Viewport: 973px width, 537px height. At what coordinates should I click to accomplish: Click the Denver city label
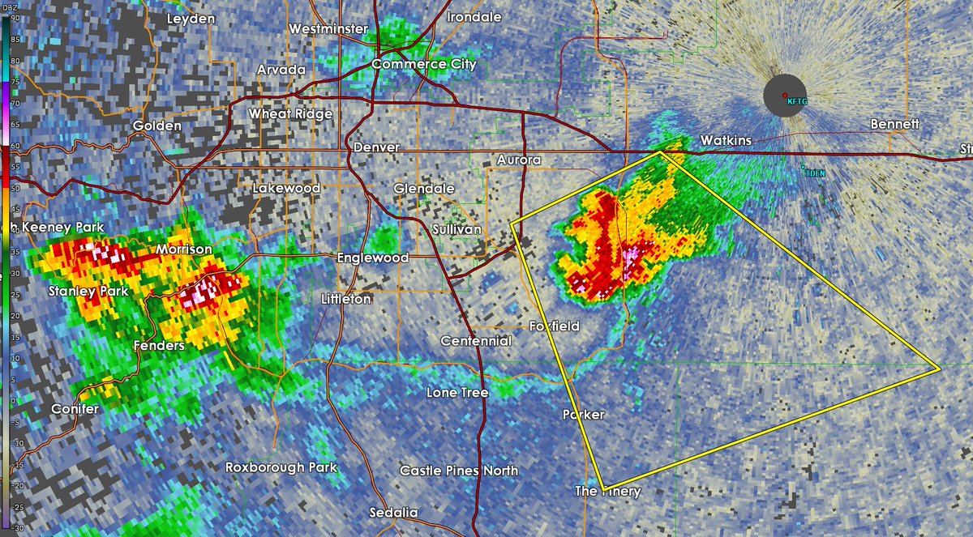pos(376,147)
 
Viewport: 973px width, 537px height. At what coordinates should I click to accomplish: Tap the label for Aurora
pos(519,160)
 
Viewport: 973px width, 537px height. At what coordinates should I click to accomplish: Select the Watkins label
pos(726,140)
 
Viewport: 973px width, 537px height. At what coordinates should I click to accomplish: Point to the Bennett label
pos(895,124)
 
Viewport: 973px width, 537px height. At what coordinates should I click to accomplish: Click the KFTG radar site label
pos(799,101)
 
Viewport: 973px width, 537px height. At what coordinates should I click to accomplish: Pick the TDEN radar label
pos(813,172)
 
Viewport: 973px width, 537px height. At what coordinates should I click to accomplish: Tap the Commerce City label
pos(424,64)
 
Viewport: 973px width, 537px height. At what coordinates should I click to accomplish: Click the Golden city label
pos(152,126)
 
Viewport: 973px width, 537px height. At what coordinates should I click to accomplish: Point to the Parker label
pos(583,414)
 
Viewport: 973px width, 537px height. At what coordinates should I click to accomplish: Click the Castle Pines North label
pos(459,471)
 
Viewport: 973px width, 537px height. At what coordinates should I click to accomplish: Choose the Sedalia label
pos(393,513)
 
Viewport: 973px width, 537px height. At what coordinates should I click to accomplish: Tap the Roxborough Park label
pos(281,467)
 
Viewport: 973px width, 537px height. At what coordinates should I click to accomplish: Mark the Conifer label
pos(75,409)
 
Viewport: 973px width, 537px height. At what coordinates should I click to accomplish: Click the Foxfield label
pos(555,326)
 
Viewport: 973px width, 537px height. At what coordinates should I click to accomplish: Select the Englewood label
pos(373,258)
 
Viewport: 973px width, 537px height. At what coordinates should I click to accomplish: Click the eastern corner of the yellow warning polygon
pos(939,369)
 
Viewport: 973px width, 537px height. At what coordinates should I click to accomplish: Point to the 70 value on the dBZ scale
pos(15,103)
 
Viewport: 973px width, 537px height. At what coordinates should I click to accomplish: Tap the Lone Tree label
pos(457,393)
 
